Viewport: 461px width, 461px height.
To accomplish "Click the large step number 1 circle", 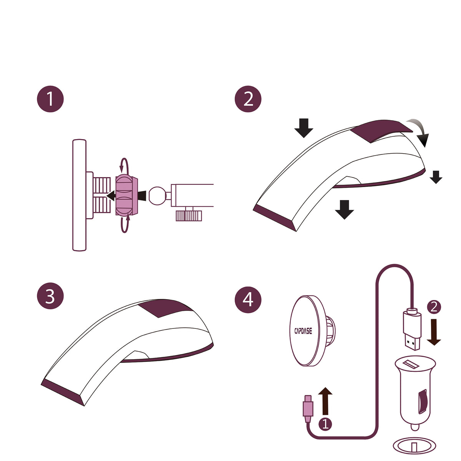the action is (x=50, y=99).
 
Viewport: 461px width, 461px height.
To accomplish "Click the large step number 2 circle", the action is (x=248, y=99).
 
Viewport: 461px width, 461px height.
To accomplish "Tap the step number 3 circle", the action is (x=50, y=296).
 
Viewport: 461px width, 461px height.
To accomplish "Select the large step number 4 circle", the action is (x=248, y=300).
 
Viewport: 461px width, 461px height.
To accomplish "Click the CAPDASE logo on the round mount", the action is (x=303, y=331).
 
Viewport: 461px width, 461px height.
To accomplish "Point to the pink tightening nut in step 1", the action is (x=126, y=195).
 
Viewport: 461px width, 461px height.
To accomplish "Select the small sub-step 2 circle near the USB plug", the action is (x=434, y=307).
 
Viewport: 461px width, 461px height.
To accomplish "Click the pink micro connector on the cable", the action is (x=308, y=409).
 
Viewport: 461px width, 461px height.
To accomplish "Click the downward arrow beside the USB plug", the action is (x=434, y=332).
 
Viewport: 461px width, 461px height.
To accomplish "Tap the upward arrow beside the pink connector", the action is (x=325, y=401).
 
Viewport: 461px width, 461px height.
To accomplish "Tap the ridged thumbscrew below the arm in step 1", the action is (x=189, y=216).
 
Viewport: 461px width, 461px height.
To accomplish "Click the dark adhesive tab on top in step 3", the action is (x=165, y=308).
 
